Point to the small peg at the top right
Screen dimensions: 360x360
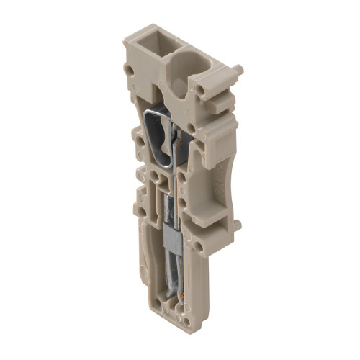[238, 70]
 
